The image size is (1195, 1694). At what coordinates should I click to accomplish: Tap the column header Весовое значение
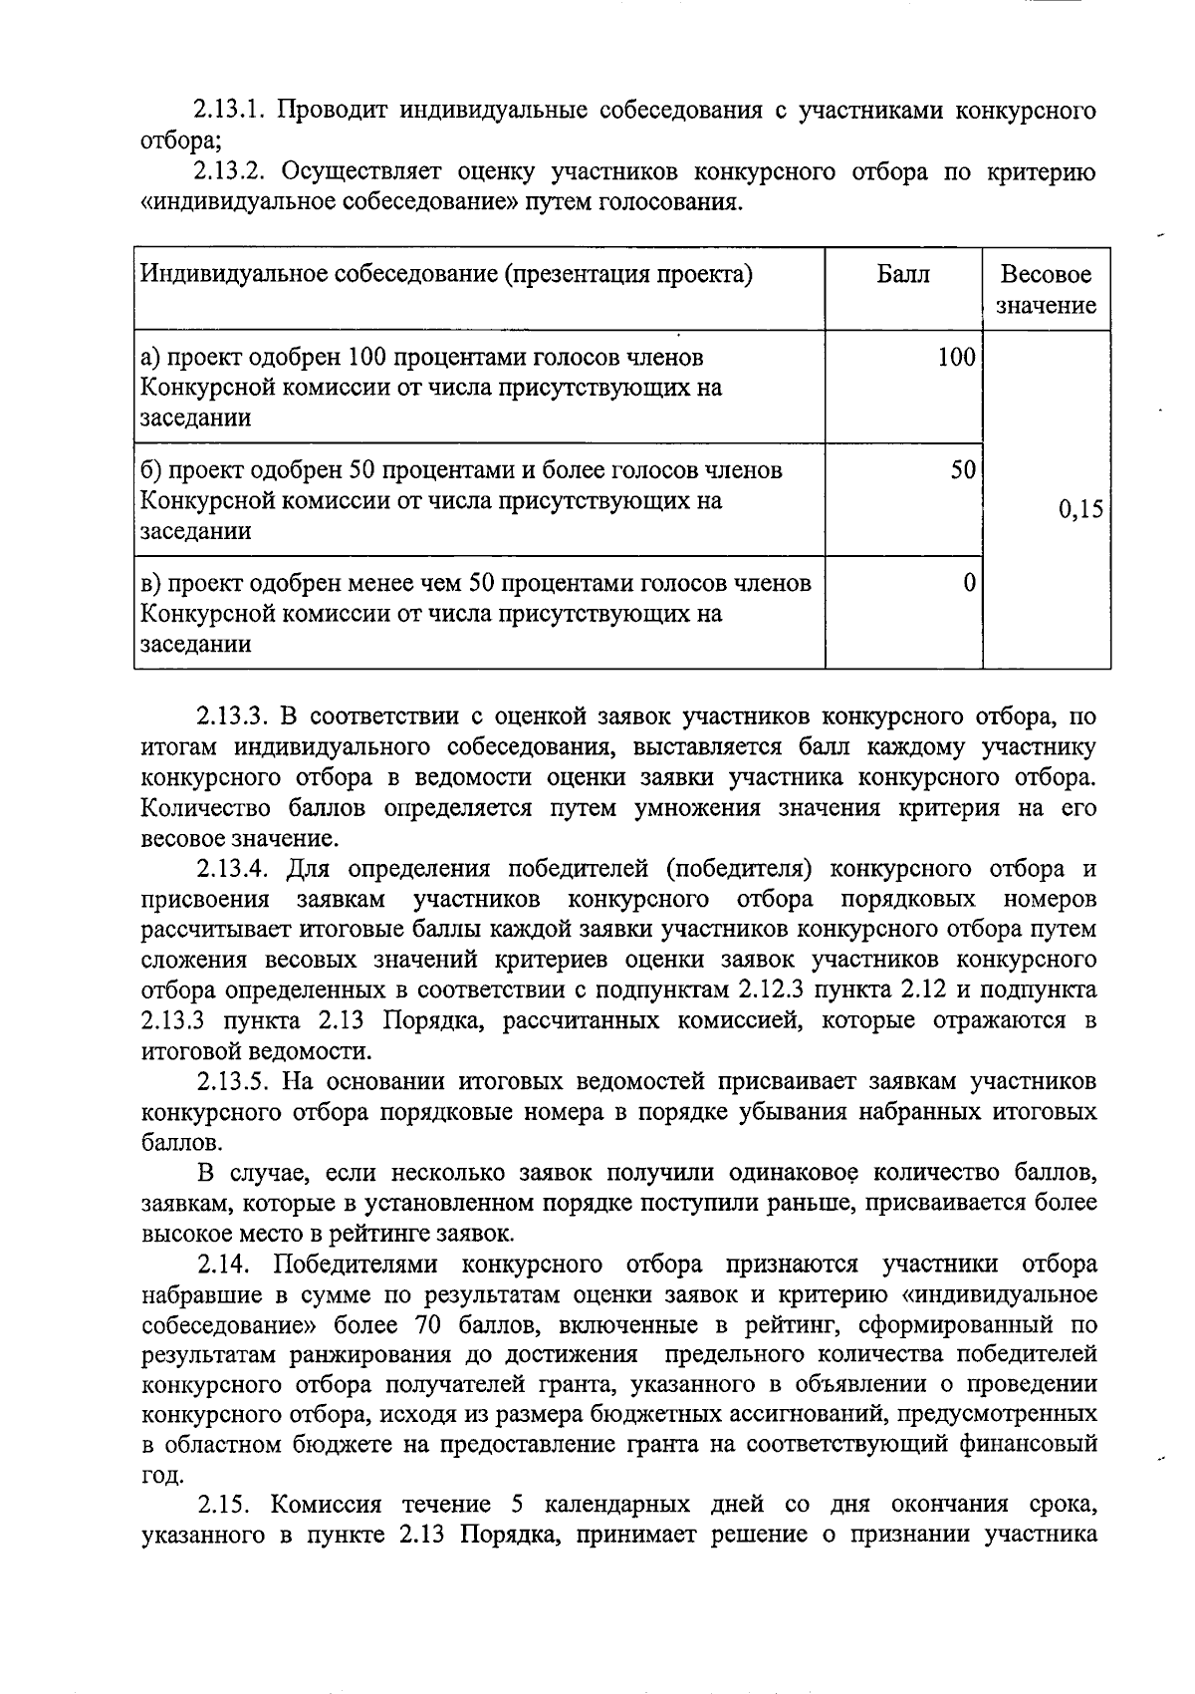point(1046,289)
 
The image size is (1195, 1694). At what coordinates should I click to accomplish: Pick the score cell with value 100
point(956,357)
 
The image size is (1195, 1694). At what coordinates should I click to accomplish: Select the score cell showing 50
point(962,469)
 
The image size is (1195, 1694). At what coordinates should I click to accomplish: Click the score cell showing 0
point(968,582)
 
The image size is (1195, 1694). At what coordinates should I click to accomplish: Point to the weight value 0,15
point(1080,509)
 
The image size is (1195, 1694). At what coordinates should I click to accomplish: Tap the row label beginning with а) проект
point(423,357)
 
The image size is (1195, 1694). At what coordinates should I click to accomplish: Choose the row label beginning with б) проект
point(460,469)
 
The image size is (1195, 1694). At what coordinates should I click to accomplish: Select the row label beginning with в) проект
point(475,582)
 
